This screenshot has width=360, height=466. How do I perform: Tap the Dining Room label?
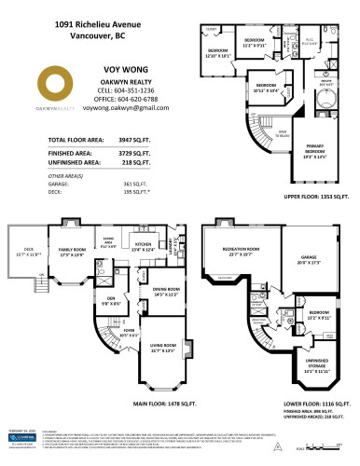(165, 290)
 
